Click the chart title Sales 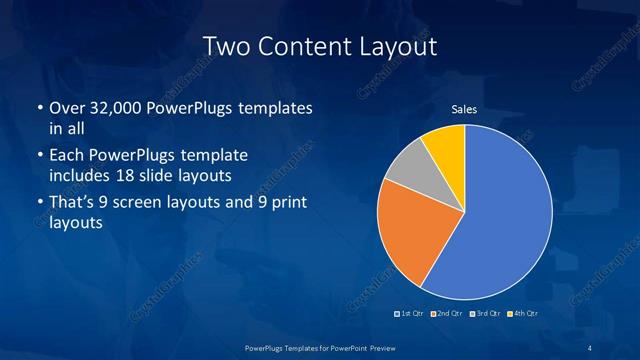click(x=464, y=109)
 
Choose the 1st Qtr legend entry click(x=410, y=314)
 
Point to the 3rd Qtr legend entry click(x=485, y=314)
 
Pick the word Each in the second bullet click(x=66, y=156)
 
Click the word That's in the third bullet click(x=73, y=204)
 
